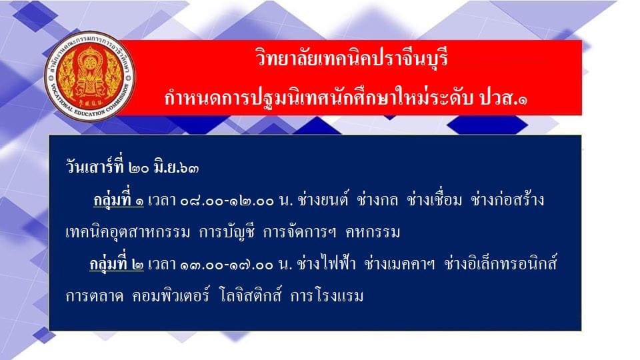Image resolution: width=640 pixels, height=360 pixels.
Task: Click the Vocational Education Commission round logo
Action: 90,76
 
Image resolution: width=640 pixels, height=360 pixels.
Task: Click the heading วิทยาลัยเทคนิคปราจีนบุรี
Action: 352,57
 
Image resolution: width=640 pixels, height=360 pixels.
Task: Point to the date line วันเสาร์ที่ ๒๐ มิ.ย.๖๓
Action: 132,167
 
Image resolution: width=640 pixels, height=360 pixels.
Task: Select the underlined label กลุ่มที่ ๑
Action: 119,200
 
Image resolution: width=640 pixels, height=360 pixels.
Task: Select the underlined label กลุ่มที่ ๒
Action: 117,264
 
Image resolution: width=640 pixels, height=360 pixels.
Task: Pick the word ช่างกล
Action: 377,199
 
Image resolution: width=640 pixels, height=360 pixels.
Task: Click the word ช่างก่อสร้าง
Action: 507,199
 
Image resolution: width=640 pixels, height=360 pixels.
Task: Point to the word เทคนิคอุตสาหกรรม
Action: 128,233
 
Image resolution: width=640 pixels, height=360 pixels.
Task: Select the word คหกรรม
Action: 373,233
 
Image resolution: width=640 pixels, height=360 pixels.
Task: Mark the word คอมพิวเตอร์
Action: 171,295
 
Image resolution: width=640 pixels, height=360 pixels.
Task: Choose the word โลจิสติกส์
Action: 250,295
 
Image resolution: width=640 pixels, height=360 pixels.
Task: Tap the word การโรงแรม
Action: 327,296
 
